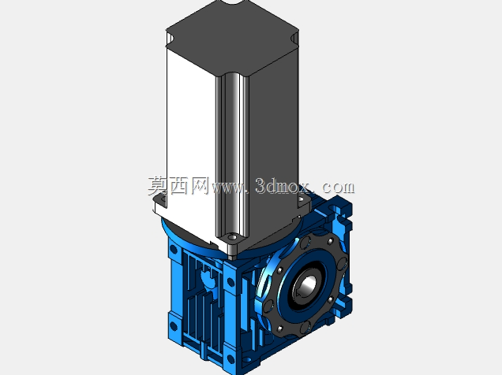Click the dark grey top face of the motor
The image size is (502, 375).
tap(232, 39)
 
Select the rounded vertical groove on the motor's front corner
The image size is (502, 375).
tap(232, 154)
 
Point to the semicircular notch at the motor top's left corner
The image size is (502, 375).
tap(170, 39)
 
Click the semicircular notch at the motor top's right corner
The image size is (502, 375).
tap(295, 39)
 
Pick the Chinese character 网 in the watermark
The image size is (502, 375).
tap(200, 186)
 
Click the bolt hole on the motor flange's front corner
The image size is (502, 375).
tap(233, 237)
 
